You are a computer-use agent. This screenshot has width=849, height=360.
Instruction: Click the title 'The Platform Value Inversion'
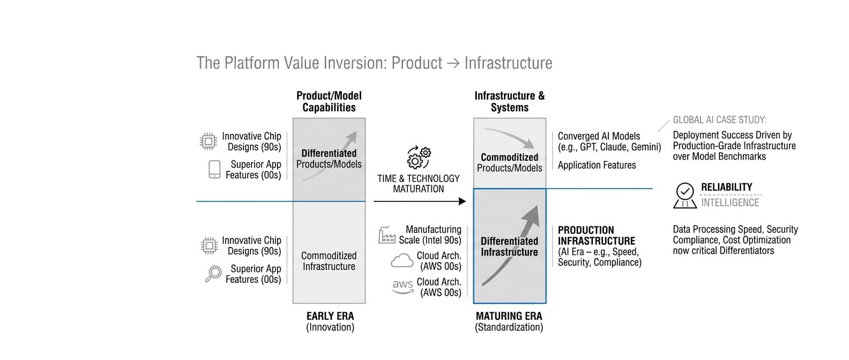(374, 63)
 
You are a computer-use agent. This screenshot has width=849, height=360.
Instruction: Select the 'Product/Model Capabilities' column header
(329, 101)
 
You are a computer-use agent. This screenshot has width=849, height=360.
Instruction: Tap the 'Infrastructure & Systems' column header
(509, 101)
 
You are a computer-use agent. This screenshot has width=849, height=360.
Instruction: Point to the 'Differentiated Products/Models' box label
(329, 159)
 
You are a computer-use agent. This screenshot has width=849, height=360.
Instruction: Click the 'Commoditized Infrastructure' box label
(329, 261)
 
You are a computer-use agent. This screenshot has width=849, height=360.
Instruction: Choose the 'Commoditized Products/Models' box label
(509, 162)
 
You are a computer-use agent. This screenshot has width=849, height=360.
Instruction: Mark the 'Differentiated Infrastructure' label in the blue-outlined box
(509, 246)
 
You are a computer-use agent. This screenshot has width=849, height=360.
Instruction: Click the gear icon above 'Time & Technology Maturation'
(419, 157)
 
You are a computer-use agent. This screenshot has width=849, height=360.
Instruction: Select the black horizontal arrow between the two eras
(419, 201)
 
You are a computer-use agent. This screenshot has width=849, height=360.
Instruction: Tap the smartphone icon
(214, 169)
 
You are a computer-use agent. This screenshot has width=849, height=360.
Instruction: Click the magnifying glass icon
(213, 274)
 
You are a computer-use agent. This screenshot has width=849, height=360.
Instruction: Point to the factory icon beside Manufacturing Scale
(387, 235)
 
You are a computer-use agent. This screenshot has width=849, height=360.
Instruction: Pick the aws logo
(403, 287)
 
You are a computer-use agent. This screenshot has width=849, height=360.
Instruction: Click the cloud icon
(402, 261)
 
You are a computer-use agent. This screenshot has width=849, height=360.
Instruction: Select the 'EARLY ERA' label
(330, 316)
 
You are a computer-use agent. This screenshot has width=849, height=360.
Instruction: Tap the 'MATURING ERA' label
(509, 316)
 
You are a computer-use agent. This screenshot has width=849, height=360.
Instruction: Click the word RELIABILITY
(726, 187)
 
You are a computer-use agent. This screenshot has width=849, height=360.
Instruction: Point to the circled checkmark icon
(685, 191)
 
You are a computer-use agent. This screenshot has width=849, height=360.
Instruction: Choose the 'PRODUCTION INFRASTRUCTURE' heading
(596, 235)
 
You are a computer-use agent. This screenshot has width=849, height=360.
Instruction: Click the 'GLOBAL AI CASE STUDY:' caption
(719, 120)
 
